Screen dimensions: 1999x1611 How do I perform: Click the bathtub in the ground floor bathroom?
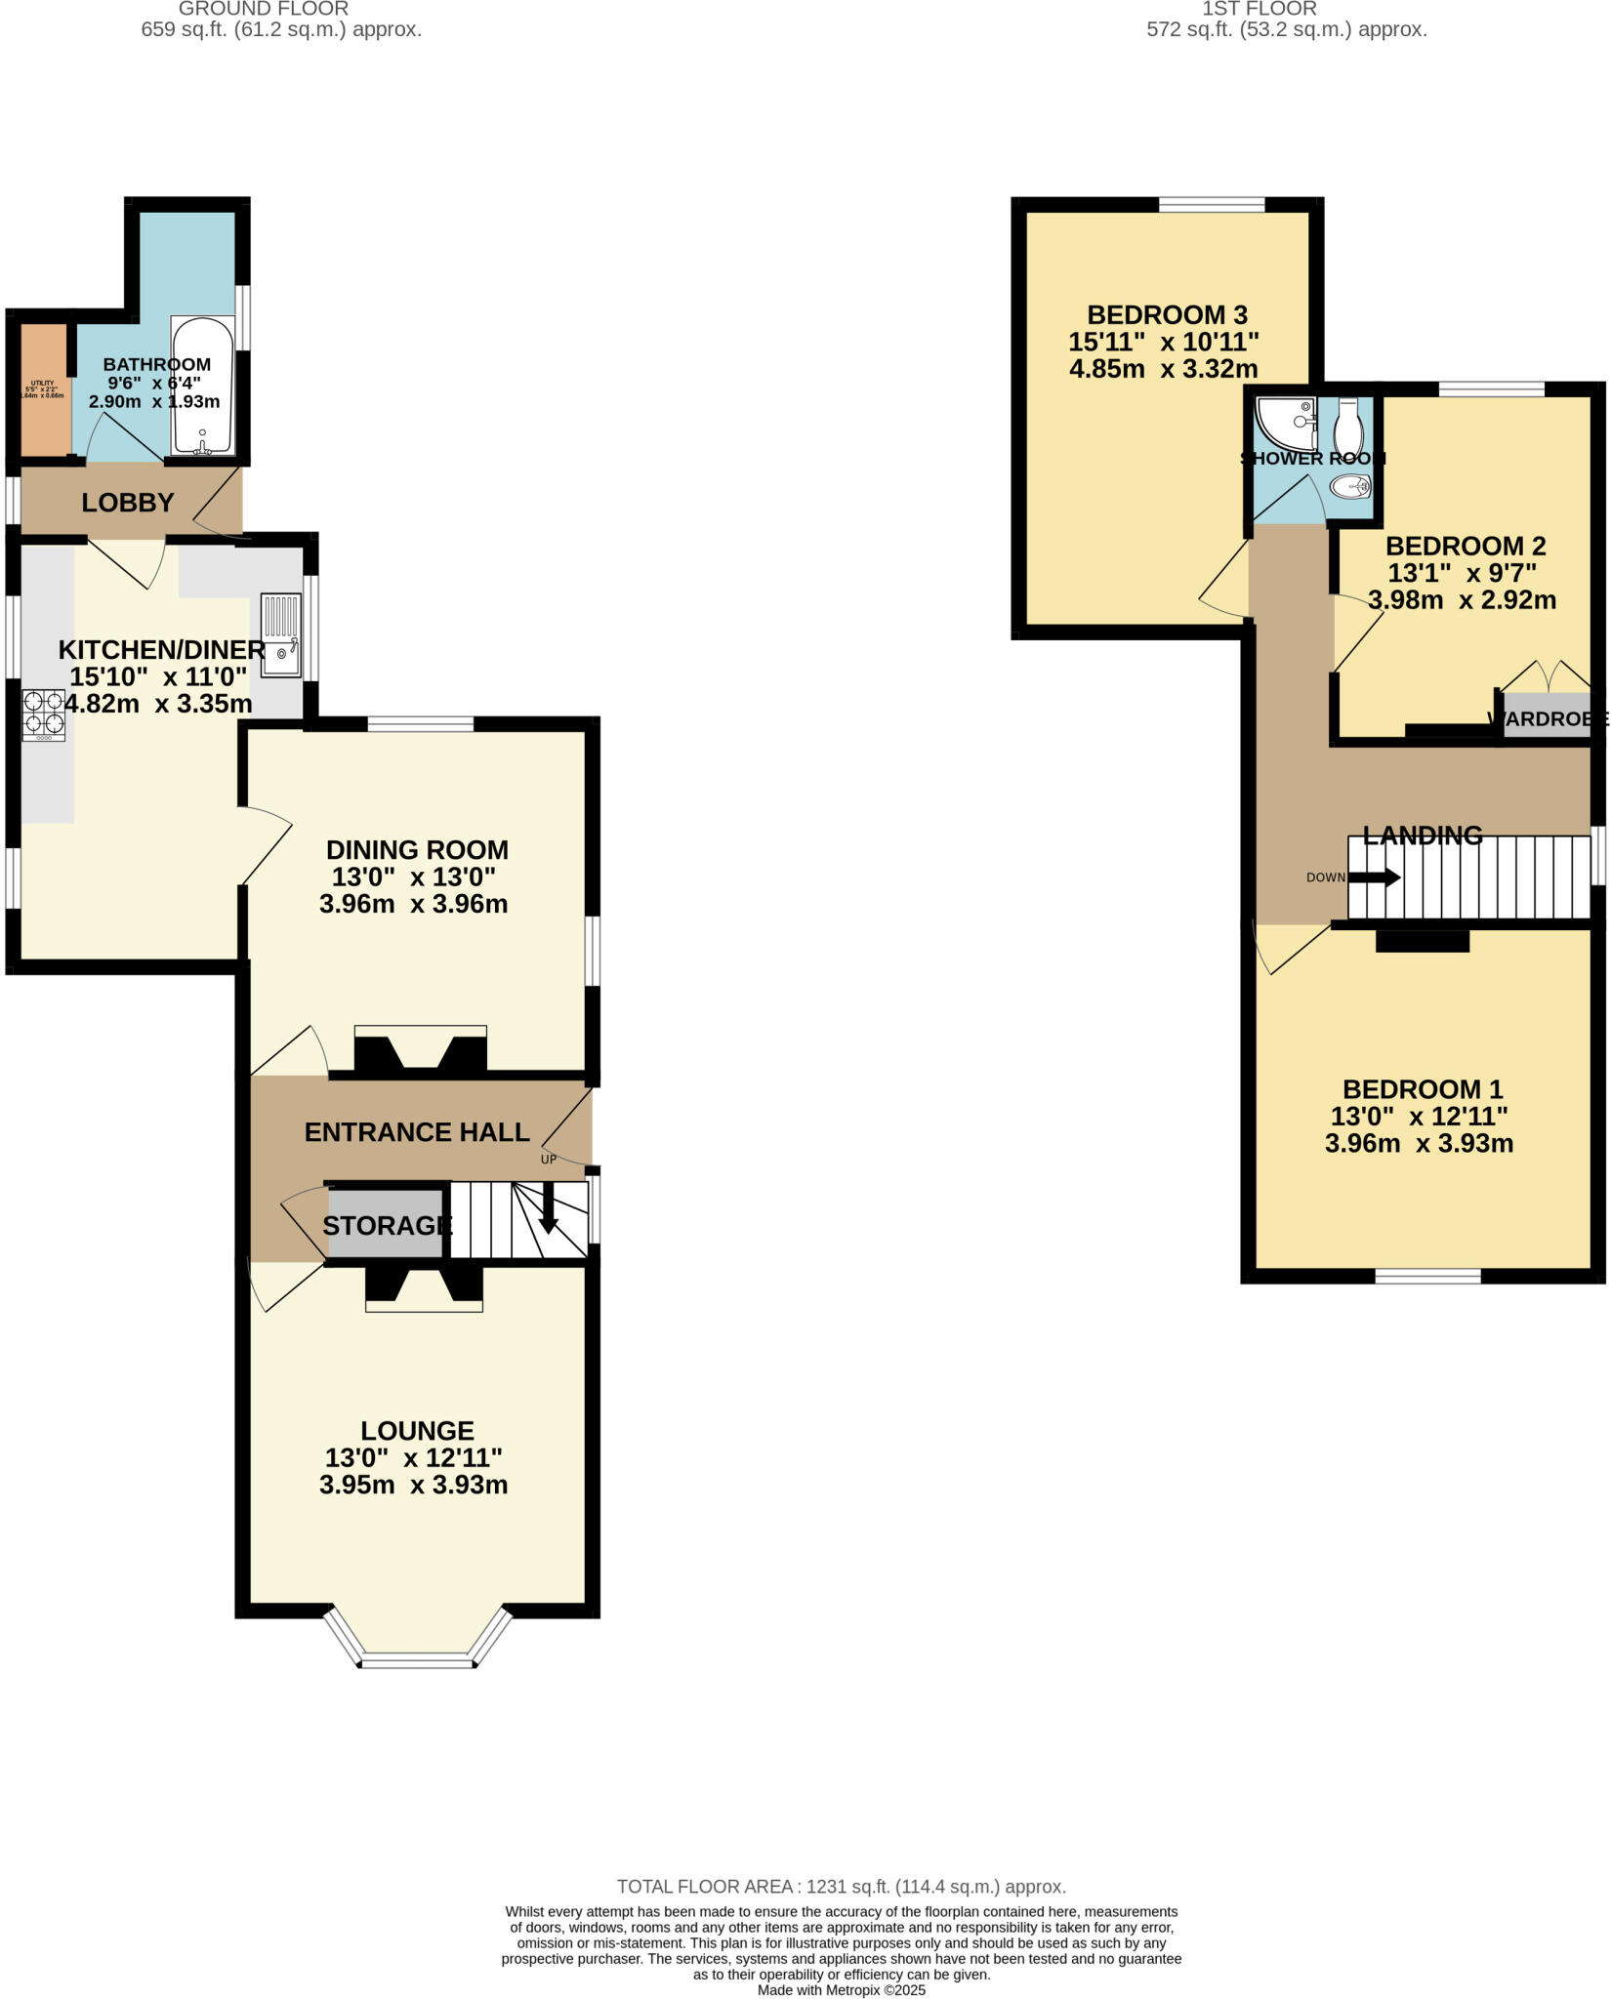[202, 386]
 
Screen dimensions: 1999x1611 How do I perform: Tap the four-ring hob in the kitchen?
[44, 714]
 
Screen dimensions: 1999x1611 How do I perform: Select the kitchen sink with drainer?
[281, 635]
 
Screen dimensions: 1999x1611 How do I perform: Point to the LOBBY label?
[128, 503]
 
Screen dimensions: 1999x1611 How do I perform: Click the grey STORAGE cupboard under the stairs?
[387, 1224]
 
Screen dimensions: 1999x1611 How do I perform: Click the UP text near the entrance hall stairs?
[549, 1160]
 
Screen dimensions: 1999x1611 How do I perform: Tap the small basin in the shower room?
[1351, 485]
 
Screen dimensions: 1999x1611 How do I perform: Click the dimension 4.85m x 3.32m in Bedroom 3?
[1163, 369]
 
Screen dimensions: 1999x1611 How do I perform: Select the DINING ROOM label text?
[417, 849]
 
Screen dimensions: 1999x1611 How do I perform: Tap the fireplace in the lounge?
[424, 1288]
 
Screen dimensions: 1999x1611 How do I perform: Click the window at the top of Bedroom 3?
[1211, 204]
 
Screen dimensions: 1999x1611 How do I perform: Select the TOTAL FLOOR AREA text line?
[841, 1887]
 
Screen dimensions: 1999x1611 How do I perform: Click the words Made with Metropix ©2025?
[841, 1989]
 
